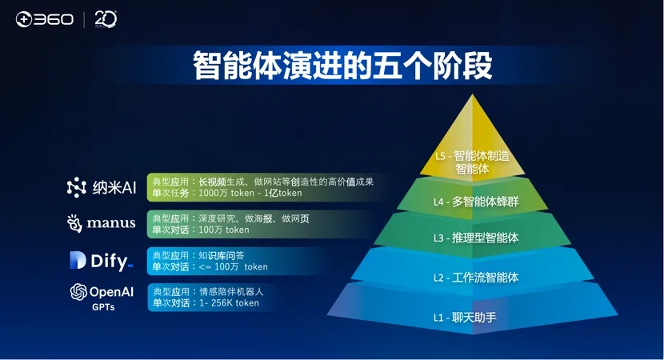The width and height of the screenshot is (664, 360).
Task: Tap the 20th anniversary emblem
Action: pos(106,19)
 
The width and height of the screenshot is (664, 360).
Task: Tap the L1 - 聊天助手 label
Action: pos(465,318)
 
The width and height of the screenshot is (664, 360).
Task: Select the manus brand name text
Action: pos(111,223)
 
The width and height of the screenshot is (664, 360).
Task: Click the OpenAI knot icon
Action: pos(78,292)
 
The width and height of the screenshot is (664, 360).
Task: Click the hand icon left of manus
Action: pos(74,223)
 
